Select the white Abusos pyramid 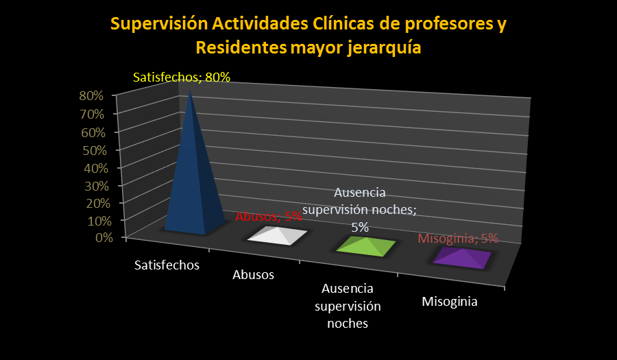coord(277,235)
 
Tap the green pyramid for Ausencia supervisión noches coord(366,247)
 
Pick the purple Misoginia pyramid coord(462,258)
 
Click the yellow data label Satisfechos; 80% coord(182,77)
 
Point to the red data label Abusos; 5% coord(269,217)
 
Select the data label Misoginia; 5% coord(458,239)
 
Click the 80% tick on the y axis coord(91,95)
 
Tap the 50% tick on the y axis coord(95,150)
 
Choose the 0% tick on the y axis coord(104,237)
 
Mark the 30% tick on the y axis coord(97,186)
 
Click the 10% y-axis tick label coord(99,221)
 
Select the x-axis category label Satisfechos coord(167,265)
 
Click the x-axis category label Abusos coord(253,274)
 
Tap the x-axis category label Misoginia coord(450,302)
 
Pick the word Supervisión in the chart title coord(159,24)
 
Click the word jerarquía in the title coord(385,48)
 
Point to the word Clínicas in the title coord(343,23)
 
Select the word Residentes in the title coord(241,48)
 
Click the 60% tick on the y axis coord(93,132)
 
